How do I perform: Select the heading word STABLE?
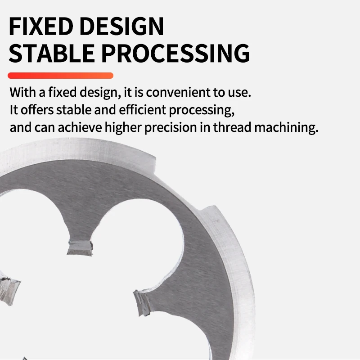[51, 53]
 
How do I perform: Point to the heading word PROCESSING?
[175, 53]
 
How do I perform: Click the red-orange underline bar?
[60, 76]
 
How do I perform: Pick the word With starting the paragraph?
[23, 92]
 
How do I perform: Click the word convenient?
[178, 92]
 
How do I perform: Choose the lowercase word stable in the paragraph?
[74, 110]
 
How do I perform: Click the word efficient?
[142, 110]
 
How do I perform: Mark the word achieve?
[80, 127]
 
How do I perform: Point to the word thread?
[232, 127]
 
